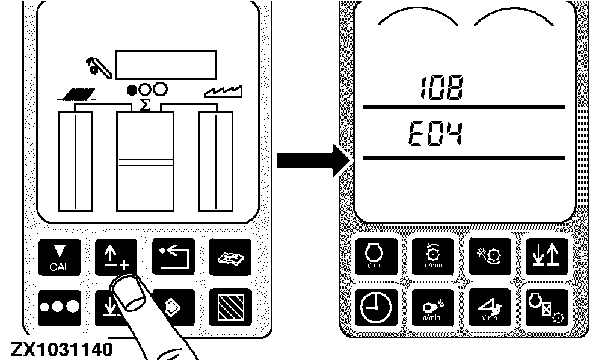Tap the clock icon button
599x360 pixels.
tap(375, 307)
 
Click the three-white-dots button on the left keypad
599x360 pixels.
tap(60, 307)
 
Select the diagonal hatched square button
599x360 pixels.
tap(230, 307)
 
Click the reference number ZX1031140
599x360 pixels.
tap(62, 350)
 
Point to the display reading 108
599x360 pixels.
tap(441, 88)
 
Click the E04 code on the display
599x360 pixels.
tap(435, 133)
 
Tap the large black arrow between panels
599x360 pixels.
tap(313, 160)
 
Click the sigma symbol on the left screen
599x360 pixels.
tap(144, 105)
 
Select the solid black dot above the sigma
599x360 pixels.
tap(132, 90)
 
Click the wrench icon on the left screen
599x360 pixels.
tap(99, 67)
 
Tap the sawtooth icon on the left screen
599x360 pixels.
tap(224, 91)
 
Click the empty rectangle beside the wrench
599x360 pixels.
tap(166, 65)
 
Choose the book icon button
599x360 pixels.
tap(230, 257)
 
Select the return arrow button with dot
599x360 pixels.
tap(173, 257)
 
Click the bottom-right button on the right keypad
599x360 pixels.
tap(546, 307)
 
